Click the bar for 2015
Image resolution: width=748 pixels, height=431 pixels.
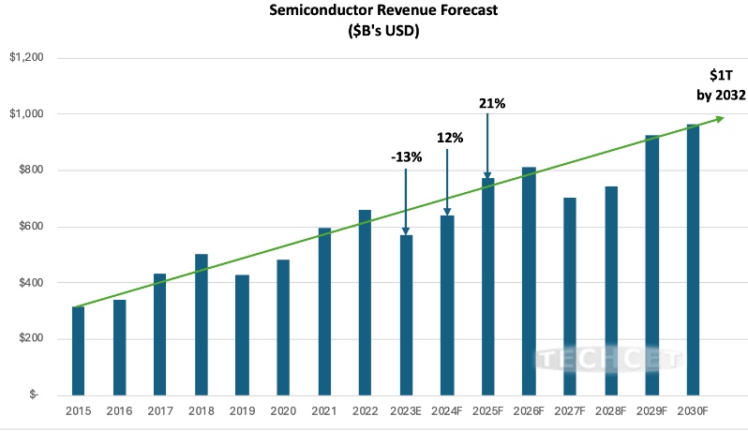[x=78, y=351]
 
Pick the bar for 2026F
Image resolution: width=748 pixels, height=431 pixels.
[x=529, y=281]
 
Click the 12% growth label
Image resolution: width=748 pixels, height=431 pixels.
[x=450, y=138]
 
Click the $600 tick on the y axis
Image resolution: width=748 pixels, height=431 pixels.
[x=30, y=227]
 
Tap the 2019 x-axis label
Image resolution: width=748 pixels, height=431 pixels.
[x=242, y=411]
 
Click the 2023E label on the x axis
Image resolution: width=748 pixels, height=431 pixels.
[x=407, y=411]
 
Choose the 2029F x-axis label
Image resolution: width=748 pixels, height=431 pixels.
[x=651, y=411]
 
